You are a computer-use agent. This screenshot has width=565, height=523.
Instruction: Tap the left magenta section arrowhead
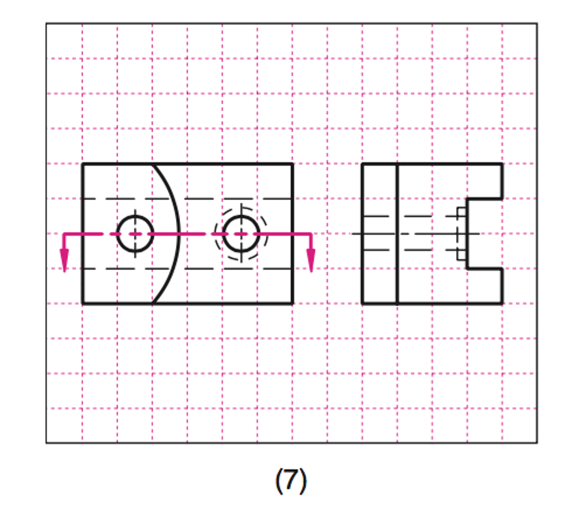coord(64,260)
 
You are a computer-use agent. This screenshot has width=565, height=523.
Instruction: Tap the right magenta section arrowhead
coord(311,260)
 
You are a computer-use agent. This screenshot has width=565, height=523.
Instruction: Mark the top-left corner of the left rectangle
coord(83,164)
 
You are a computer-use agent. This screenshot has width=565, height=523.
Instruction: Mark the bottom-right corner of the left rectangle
coord(292,303)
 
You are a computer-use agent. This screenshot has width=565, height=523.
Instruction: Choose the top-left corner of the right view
coord(363,164)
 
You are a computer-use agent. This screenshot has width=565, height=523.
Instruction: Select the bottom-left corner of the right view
coord(363,303)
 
